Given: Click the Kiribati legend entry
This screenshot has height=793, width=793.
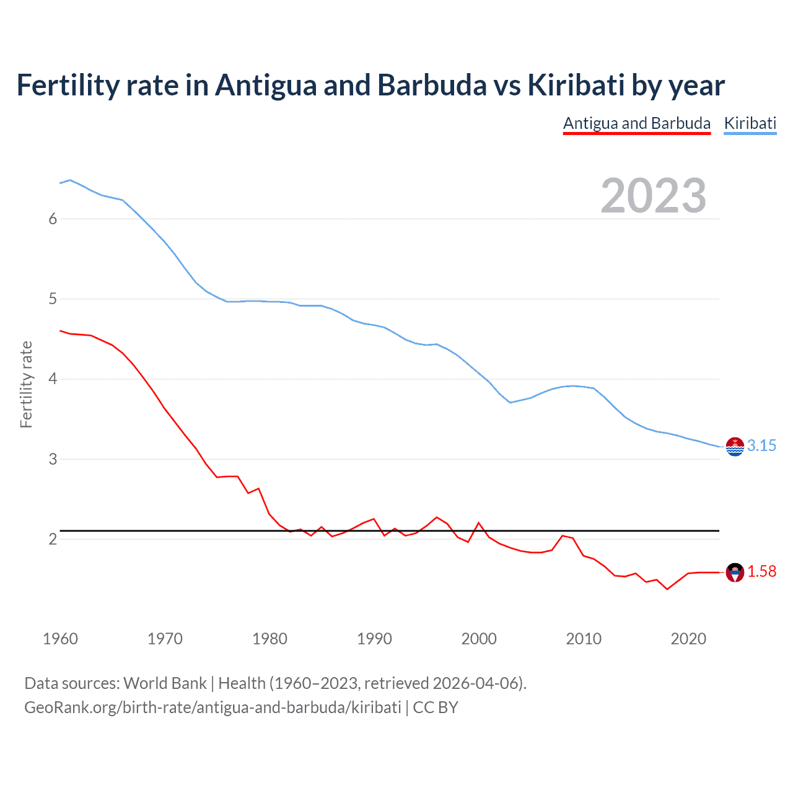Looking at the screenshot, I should click(750, 123).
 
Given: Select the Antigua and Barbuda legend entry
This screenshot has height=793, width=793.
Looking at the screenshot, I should click(636, 123).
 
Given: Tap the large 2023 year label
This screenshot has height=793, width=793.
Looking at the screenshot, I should click(653, 196).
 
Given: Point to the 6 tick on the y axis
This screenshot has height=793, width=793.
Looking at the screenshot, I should click(53, 219).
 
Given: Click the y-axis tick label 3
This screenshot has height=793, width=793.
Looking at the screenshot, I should click(53, 459).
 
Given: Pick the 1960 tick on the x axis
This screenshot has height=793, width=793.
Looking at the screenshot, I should click(60, 639).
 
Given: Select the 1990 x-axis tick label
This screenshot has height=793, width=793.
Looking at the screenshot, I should click(374, 639).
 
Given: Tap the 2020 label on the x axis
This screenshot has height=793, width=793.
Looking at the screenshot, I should click(688, 639).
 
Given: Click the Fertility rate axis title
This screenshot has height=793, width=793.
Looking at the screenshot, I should click(26, 384).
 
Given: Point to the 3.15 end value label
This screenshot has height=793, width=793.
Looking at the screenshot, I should click(761, 445).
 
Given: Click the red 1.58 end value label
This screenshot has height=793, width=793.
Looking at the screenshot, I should click(761, 571).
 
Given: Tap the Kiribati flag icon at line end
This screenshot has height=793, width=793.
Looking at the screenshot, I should click(735, 446).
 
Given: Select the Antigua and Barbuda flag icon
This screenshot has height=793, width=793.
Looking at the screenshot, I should click(735, 572).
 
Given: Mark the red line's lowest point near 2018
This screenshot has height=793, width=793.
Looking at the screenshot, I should click(667, 589).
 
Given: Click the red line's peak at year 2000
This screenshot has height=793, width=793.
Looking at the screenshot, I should click(479, 523).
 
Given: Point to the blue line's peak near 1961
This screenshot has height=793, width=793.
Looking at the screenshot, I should click(70, 180).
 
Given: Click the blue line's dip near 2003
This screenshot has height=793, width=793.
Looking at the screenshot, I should click(510, 403).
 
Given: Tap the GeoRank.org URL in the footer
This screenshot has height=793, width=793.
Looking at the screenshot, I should click(212, 708).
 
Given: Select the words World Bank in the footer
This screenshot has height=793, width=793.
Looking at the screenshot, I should click(165, 683).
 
